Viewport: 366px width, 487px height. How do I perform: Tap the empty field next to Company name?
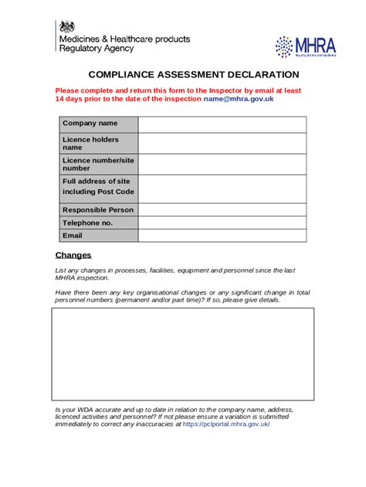coord(222,124)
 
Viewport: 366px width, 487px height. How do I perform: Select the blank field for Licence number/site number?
coord(222,164)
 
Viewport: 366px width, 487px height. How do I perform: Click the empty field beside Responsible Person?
coord(222,209)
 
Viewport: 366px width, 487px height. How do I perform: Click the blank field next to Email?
coord(222,236)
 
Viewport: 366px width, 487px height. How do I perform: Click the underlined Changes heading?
coord(73,255)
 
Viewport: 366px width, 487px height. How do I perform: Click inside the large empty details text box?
coord(182,356)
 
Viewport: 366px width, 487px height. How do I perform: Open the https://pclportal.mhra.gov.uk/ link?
coord(226,424)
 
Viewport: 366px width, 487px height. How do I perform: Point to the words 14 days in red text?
coord(72,100)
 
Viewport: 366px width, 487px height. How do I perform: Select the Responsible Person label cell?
coord(98,209)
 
